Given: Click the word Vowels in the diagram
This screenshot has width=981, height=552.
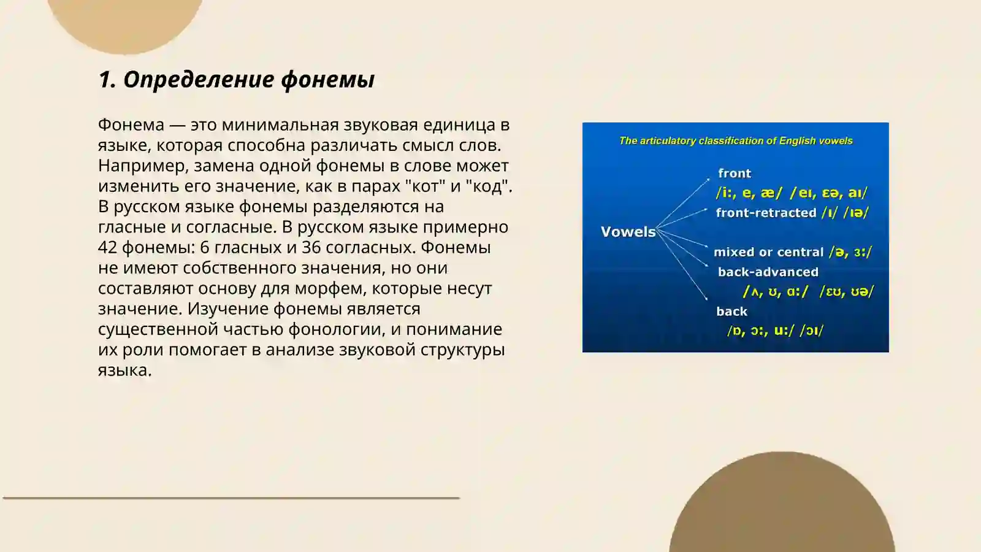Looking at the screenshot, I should (x=628, y=232).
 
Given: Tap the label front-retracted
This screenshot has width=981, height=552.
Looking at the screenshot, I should (x=766, y=213).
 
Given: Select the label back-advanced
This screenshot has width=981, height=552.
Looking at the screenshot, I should (x=768, y=272).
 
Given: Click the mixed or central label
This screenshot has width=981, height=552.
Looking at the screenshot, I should (x=768, y=252).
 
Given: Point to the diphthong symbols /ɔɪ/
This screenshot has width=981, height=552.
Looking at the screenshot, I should (x=811, y=331).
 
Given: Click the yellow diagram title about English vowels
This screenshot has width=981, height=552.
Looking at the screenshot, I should (x=736, y=141).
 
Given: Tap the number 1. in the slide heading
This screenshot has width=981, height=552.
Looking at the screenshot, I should (x=107, y=80).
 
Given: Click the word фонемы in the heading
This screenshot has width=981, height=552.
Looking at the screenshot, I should (x=327, y=80).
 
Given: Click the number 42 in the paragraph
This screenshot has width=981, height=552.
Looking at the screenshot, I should (x=107, y=247).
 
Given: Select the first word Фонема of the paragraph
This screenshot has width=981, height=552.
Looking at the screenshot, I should (x=131, y=125).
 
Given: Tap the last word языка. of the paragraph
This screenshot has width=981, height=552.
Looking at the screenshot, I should (x=124, y=370).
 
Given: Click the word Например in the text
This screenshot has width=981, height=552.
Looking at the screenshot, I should (x=143, y=166).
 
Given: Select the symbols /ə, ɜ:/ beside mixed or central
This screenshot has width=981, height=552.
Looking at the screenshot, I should (x=850, y=252).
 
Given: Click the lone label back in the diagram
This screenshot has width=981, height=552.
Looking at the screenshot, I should (x=731, y=312).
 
